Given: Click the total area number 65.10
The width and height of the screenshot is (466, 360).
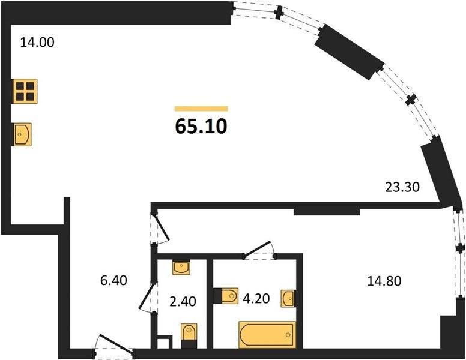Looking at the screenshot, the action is point(201,126).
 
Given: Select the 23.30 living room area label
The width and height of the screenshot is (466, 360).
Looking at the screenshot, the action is point(402,187).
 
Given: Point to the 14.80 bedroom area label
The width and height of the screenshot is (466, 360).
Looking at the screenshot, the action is point(384,281).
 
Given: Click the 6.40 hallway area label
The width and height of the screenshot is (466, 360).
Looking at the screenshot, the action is point(113,280).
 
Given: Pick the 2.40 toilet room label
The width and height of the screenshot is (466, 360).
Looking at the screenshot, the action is point(183,301).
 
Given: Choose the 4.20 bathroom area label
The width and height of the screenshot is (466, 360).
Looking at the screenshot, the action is point(256,299).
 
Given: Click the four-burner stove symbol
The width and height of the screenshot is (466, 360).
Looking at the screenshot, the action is point(25,91).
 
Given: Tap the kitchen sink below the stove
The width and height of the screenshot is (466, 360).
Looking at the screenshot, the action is point(22,134).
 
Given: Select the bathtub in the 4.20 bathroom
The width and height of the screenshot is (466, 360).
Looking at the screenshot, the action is point(267,335).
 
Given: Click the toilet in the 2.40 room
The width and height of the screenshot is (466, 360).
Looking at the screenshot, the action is point(189,336).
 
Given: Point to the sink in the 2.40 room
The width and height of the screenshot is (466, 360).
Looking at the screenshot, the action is point(181,268).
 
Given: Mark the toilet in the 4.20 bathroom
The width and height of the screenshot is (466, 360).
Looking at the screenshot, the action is point(226,296).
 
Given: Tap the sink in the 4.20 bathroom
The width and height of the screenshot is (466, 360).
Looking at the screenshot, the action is point(288,298).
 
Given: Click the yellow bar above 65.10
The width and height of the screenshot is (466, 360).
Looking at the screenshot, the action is point(201,109).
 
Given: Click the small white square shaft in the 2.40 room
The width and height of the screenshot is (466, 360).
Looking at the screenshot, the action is point(165,343).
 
